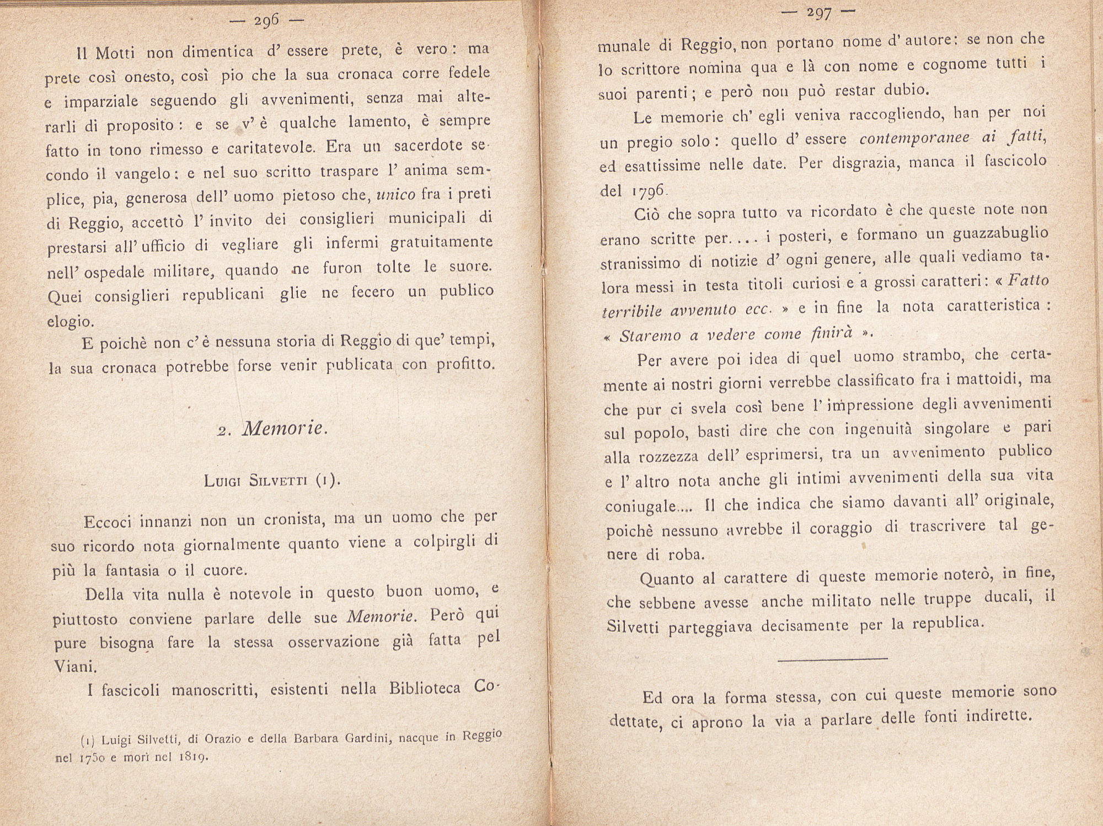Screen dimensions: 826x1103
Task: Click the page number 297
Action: (x=818, y=13)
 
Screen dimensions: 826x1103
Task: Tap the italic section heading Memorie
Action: (x=285, y=428)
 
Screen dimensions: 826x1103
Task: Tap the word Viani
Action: (x=76, y=667)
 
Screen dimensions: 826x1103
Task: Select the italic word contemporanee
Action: (x=914, y=138)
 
